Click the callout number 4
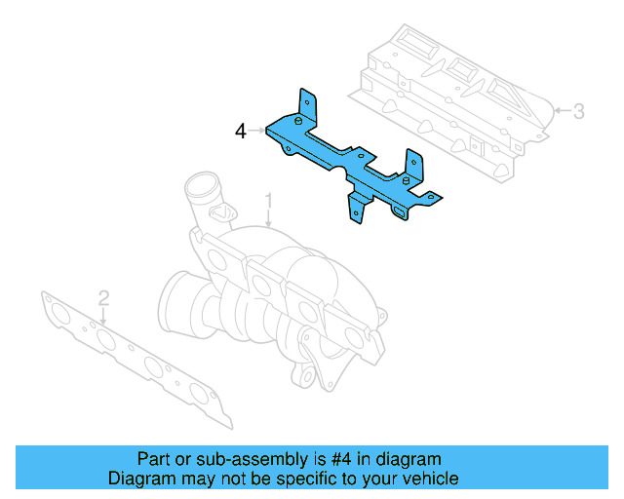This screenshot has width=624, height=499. tap(240, 130)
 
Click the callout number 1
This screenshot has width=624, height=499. tap(269, 202)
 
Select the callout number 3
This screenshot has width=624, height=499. tap(579, 111)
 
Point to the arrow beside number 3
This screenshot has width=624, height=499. tap(561, 112)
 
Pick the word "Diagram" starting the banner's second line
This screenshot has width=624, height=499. tap(138, 479)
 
